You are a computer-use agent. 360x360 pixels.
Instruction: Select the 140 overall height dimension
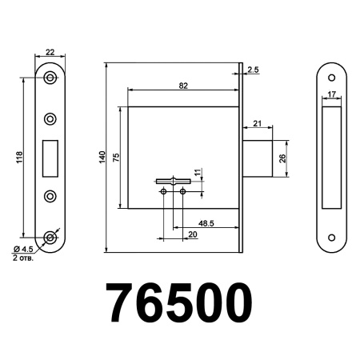click(102, 158)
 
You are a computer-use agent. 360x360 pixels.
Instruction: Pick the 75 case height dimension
click(117, 158)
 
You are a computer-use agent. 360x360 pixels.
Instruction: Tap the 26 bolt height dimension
click(282, 158)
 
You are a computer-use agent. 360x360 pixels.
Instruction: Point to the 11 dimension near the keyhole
click(198, 172)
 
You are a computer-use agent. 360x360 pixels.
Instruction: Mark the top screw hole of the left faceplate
click(50, 78)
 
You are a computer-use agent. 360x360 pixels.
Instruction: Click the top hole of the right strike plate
click(330, 78)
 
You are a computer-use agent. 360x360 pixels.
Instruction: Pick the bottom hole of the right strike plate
click(330, 238)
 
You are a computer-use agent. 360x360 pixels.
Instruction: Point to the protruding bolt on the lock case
click(257, 158)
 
